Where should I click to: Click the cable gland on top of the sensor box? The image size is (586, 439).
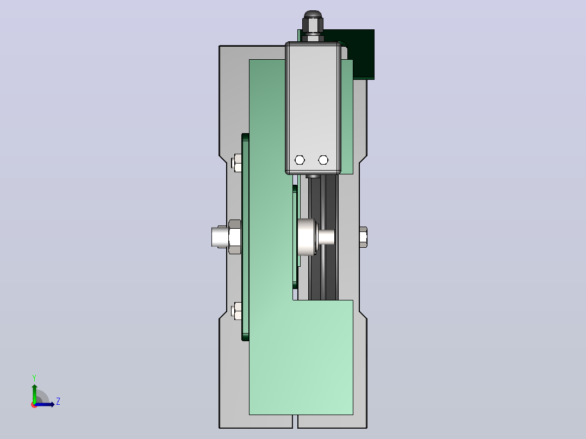313,26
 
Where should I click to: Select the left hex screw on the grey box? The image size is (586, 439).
300,160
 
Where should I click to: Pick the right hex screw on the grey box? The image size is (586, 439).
323,160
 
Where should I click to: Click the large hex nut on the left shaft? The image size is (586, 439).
234,237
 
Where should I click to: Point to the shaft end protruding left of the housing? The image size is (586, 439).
220,237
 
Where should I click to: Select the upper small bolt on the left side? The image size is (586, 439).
236,162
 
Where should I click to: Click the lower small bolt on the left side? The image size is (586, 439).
236,311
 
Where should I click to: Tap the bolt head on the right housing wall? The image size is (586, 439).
363,237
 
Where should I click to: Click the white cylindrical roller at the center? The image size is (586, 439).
307,237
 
